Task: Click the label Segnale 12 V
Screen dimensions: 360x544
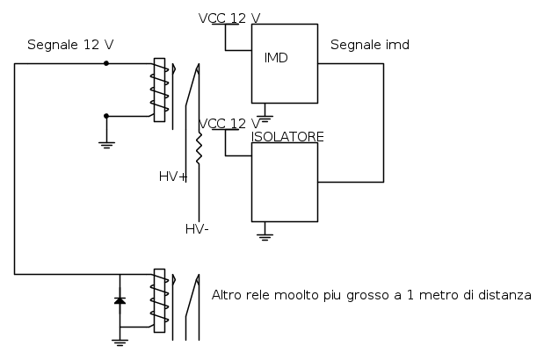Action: (70, 45)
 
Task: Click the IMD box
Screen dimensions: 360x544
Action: (285, 64)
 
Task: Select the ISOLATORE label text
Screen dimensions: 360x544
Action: (288, 136)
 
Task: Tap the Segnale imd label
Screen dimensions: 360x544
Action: (369, 45)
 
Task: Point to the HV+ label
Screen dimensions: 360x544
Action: (173, 176)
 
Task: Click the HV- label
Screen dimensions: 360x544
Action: (197, 229)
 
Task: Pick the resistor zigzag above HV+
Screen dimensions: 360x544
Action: (199, 148)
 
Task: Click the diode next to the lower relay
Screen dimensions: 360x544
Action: (120, 300)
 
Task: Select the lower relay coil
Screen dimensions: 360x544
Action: (159, 300)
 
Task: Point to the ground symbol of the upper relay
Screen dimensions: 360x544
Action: (107, 142)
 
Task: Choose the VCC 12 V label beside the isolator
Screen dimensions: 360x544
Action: (230, 123)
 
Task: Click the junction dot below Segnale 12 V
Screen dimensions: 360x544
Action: (106, 63)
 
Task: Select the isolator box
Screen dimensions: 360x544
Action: (285, 183)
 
